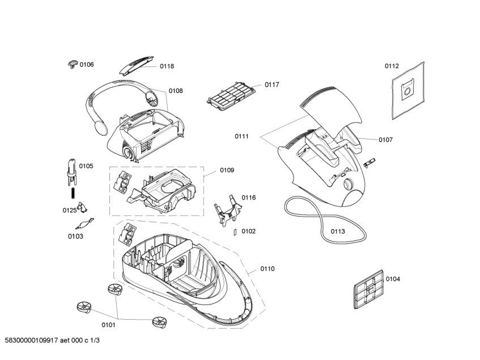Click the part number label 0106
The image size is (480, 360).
pos(87,65)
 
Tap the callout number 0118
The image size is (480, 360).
pos(167,66)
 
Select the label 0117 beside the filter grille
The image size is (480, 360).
pos(272,85)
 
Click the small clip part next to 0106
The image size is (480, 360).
pos(72,63)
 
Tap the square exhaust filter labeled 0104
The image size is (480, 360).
pos(368,288)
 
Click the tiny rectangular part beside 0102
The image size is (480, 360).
pos(235,231)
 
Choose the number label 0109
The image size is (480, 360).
pos(227,170)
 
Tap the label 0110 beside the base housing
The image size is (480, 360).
pos(267,269)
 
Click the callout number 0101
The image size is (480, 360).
pos(108,325)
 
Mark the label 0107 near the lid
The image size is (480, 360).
pos(386,139)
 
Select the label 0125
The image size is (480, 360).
pos(69,210)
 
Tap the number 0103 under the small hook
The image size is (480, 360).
pos(75,236)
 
